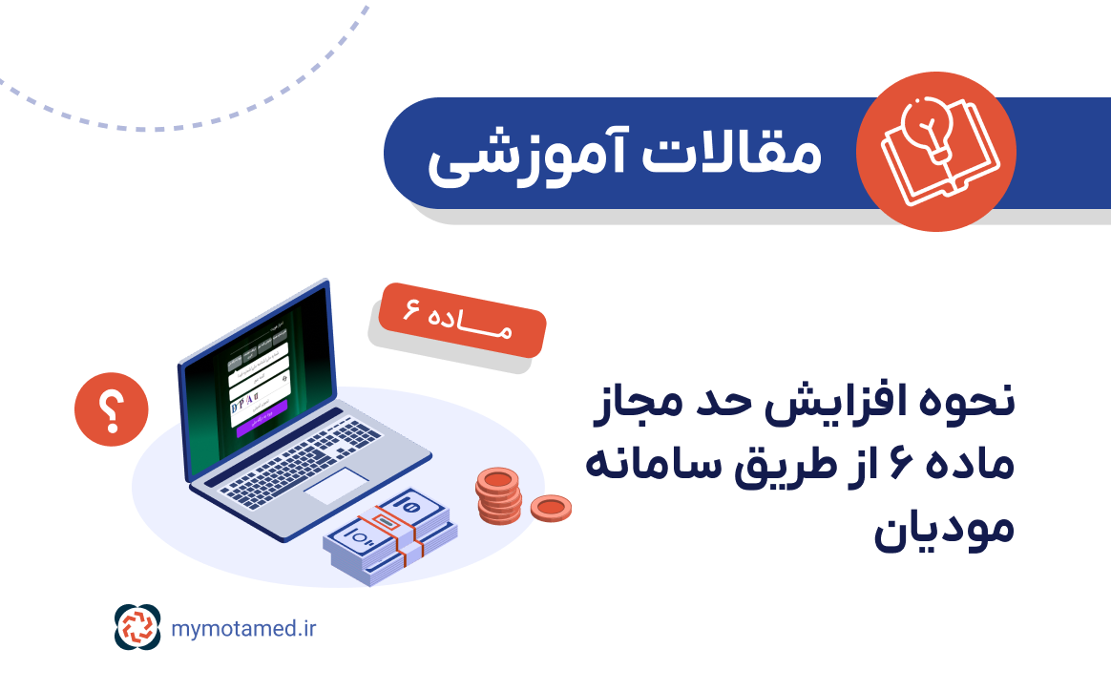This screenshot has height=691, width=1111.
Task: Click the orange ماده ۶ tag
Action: (457, 321)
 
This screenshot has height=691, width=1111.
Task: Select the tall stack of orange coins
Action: (498, 496)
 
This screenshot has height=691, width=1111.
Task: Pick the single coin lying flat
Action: (551, 508)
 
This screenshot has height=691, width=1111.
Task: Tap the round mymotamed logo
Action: (138, 627)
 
